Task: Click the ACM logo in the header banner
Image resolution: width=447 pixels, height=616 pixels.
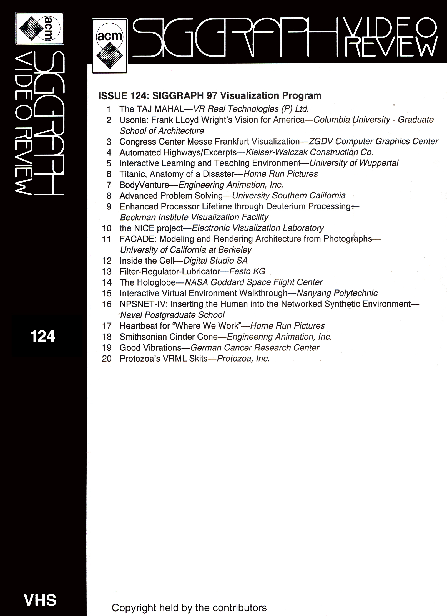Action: [110, 46]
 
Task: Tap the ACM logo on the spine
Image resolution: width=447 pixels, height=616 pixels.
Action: [40, 28]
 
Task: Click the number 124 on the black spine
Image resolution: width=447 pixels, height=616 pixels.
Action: [43, 336]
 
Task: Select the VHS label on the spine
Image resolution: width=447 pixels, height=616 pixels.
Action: [40, 600]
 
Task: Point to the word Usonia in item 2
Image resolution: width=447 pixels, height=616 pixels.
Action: [133, 120]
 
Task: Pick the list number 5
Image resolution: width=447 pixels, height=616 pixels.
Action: [109, 163]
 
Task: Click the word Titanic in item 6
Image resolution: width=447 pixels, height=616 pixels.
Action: [133, 174]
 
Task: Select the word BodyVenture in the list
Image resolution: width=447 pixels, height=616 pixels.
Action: [144, 185]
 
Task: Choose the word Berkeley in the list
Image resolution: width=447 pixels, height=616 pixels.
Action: [235, 250]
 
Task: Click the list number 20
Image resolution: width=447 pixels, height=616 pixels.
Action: [107, 359]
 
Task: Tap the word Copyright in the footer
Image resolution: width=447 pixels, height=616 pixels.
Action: [134, 608]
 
